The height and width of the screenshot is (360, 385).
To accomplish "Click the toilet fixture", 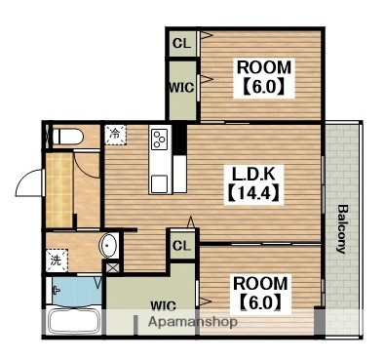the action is pos(68,137).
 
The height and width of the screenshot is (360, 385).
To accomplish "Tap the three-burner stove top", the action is pos(160,140).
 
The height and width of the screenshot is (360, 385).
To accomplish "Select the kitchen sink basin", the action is pos(160,183).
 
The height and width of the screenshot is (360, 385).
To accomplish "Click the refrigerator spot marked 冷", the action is pos(115,135).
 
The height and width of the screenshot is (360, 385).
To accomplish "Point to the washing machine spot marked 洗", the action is pos(57,260).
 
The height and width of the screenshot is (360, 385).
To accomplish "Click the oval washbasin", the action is pos(108,246).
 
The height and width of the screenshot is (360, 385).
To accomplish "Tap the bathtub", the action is pos(74,321).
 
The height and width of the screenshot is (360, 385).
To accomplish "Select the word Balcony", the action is pos(340,229).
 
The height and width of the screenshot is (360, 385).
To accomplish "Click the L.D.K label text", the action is pos(253,175).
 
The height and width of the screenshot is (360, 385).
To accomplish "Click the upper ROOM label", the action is pos(264,67).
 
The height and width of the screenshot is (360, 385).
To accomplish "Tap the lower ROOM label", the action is pos(260,283).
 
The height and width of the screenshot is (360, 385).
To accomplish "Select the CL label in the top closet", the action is pos(182,43).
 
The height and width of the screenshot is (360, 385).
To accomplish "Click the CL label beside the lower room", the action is pos(182,246).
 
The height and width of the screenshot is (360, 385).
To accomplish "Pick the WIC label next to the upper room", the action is pos(182,88).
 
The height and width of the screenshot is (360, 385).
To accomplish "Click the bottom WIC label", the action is pos(163,305).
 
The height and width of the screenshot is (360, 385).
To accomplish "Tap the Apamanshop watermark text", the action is pos(193,322).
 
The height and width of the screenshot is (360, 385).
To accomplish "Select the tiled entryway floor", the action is pos(58,190).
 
